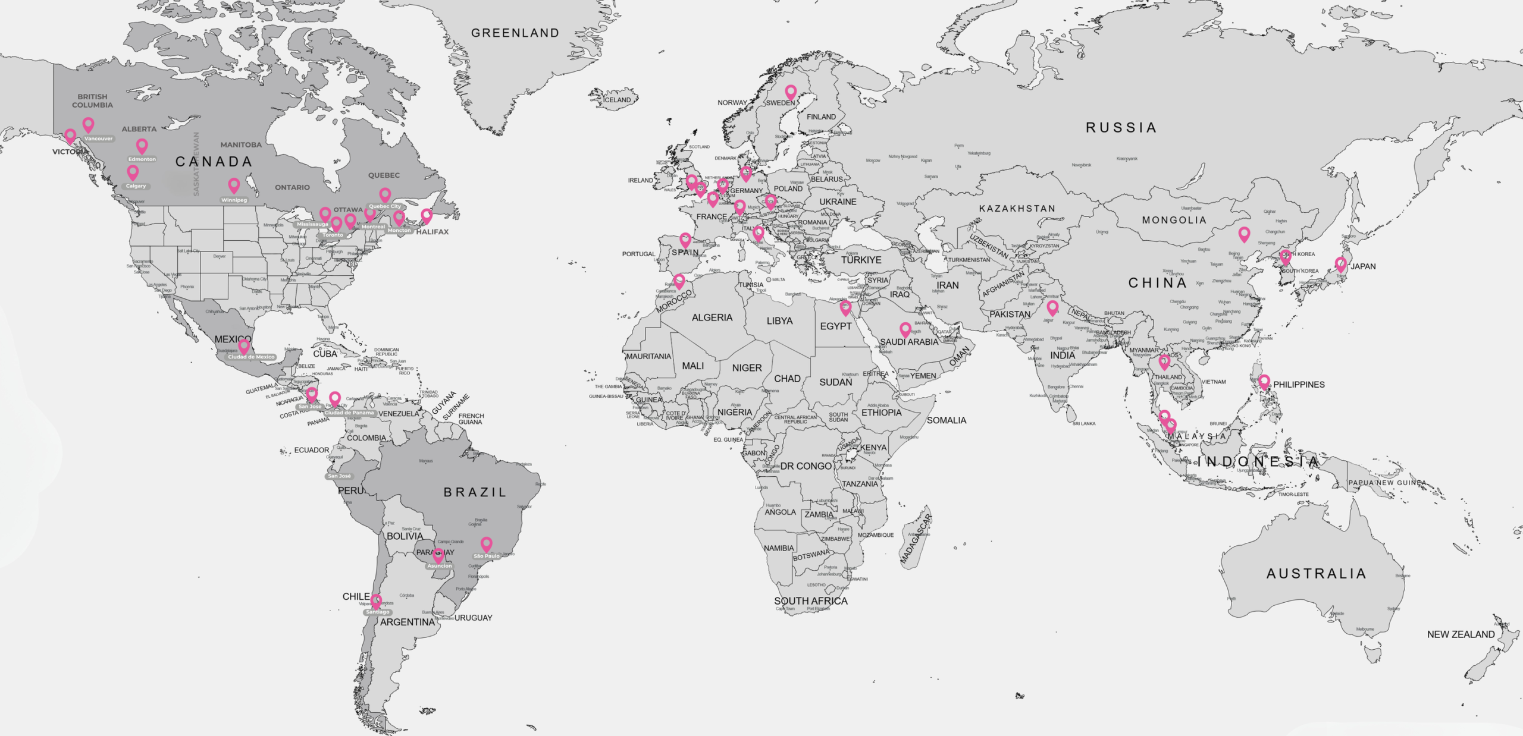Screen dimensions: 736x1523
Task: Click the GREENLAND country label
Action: (515, 33)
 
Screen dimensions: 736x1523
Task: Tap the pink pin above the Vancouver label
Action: (88, 124)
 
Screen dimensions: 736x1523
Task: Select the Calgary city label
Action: (136, 186)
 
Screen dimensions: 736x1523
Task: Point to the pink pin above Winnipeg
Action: (234, 185)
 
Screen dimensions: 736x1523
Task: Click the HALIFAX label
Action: (433, 232)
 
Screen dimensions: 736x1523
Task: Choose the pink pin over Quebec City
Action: (385, 194)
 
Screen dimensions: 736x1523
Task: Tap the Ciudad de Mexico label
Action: (252, 357)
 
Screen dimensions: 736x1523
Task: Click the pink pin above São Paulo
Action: (487, 543)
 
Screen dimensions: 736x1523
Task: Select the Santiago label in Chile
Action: (378, 612)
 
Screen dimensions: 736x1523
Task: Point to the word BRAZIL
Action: (475, 492)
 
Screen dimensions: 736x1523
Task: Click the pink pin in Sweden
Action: (791, 92)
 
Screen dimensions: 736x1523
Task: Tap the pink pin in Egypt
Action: (845, 307)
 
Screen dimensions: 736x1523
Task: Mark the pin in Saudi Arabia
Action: (905, 329)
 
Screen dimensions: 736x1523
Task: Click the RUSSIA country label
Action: (1121, 128)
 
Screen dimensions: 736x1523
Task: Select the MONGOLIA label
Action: (1174, 221)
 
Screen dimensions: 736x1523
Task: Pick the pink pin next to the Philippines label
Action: (1264, 381)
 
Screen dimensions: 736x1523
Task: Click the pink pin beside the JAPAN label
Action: (1341, 263)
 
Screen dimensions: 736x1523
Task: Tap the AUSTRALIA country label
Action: (1316, 574)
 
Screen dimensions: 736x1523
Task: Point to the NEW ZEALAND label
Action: (1461, 634)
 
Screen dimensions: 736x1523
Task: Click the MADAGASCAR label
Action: (916, 539)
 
